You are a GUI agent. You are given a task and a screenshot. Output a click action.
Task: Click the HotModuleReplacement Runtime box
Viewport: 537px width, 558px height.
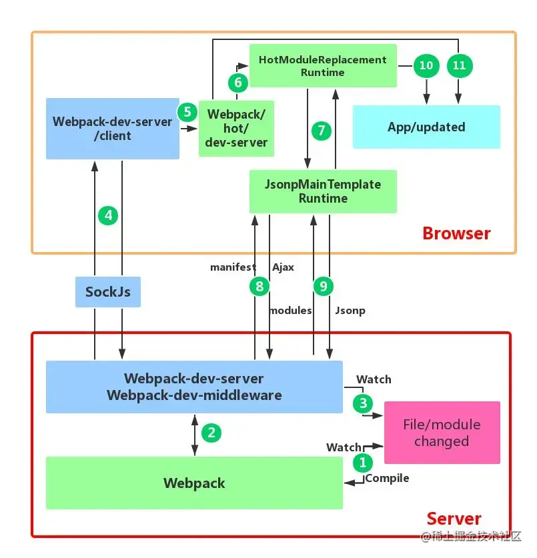(x=323, y=65)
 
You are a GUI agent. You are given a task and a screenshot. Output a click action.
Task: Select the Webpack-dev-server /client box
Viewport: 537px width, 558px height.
(x=112, y=129)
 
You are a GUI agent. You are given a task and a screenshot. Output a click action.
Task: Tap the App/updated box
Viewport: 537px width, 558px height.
(x=426, y=127)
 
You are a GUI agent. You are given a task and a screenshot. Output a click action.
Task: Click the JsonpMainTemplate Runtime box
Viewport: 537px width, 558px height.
(x=323, y=191)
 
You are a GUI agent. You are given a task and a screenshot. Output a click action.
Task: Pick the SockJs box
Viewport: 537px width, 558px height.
(x=107, y=291)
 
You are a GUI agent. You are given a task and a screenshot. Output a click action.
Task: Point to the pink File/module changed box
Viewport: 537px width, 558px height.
(x=442, y=433)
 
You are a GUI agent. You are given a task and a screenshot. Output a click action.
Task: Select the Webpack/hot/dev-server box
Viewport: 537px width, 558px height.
(x=236, y=128)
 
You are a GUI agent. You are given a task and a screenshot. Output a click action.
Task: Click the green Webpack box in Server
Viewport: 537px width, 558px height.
(x=194, y=483)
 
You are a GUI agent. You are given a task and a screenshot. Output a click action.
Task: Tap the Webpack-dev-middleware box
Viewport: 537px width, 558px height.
(x=194, y=387)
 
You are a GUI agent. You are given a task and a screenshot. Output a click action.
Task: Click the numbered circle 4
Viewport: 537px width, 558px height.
(x=109, y=215)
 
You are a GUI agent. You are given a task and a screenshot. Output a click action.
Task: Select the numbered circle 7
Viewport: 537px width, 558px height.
(x=322, y=130)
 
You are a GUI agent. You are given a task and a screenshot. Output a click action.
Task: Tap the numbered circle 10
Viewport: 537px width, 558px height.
(x=425, y=65)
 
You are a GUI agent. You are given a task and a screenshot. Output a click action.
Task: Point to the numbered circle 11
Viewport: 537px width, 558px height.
(x=458, y=65)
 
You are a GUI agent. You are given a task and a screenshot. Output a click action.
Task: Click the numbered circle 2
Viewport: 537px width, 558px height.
(x=211, y=433)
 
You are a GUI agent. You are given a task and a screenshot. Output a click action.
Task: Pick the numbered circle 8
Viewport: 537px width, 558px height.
(x=258, y=287)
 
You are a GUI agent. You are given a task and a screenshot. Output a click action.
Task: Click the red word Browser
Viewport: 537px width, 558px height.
(x=456, y=233)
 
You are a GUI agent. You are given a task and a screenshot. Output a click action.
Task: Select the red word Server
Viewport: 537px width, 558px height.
(x=454, y=519)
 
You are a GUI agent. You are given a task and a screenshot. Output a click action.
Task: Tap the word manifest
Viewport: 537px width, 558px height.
(x=233, y=267)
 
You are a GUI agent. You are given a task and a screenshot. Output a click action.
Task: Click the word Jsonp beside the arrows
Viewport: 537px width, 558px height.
(x=350, y=311)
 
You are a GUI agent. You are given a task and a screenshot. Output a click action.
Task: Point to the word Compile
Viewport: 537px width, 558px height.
(x=387, y=478)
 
